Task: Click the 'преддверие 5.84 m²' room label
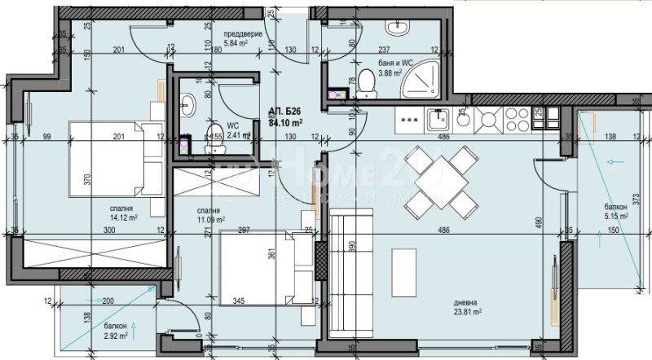[243, 40]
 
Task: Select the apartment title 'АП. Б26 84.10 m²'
[286, 118]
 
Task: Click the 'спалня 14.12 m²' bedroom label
[124, 213]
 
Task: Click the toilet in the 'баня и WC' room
[366, 82]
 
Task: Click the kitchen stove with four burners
[493, 121]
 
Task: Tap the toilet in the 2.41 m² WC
[214, 136]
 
